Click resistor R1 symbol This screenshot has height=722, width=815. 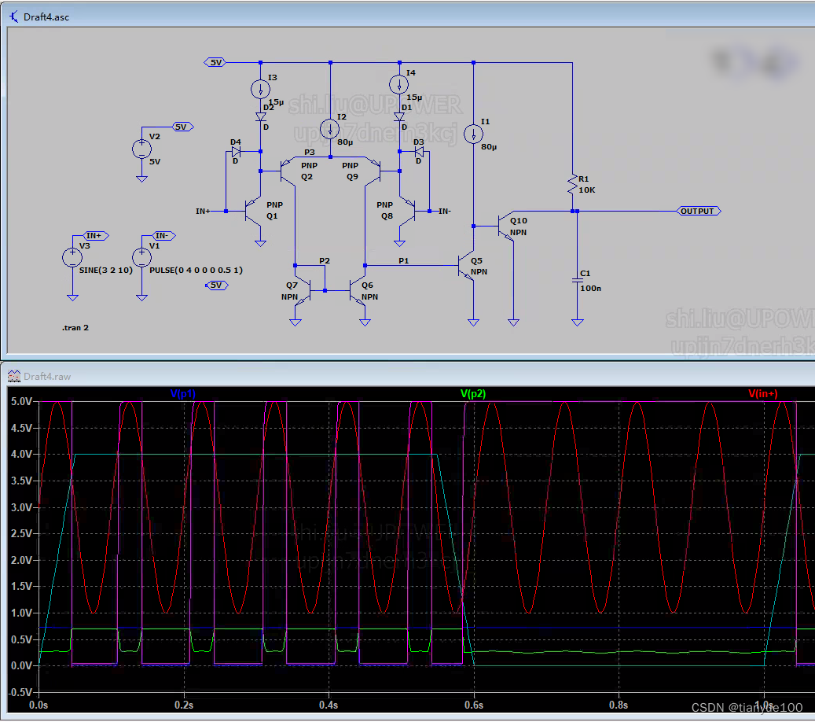(x=574, y=186)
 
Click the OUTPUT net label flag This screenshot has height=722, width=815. (x=698, y=211)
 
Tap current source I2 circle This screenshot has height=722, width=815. (x=330, y=129)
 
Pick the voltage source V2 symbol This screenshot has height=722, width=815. (x=141, y=149)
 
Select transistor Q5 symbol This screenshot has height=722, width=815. (x=468, y=266)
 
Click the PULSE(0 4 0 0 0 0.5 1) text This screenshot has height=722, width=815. (x=196, y=270)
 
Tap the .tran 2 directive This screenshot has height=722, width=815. (x=75, y=327)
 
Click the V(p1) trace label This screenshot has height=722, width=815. (x=183, y=393)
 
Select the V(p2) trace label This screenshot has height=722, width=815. (x=475, y=393)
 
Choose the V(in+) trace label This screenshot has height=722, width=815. (x=762, y=393)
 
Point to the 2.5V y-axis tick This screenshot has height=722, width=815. (x=21, y=534)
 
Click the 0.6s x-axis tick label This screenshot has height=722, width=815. (x=474, y=705)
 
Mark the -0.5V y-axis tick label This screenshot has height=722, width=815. (x=20, y=692)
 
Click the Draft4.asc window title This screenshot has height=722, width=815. (x=46, y=17)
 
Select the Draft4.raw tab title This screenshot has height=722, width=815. (x=47, y=376)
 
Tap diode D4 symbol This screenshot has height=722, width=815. (x=235, y=151)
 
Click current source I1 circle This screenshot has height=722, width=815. (x=474, y=134)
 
